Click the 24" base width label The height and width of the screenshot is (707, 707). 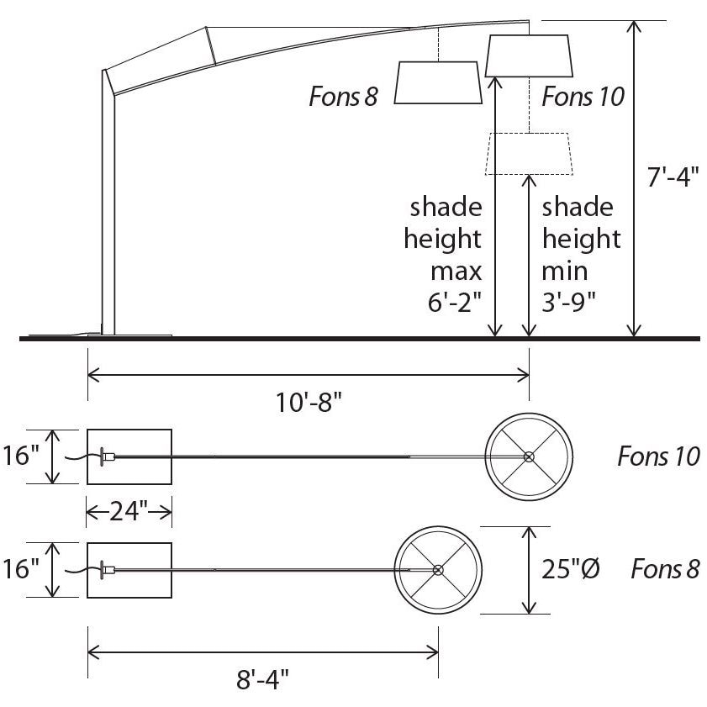point(129,509)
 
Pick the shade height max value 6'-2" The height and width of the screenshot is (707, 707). point(454,303)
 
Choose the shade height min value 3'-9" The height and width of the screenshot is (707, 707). point(570,303)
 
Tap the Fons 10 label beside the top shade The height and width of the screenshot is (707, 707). point(583,97)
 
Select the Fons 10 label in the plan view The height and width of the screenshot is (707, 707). point(658,456)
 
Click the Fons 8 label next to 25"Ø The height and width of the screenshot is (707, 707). point(665,569)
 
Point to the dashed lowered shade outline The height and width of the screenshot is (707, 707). point(528,154)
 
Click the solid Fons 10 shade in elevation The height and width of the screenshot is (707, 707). point(530,55)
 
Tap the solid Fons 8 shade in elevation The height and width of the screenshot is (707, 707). point(437,82)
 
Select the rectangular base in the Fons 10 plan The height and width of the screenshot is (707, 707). point(130,456)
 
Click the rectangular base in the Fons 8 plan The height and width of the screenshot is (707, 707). point(130,570)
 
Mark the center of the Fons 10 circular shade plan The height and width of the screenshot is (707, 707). point(529,456)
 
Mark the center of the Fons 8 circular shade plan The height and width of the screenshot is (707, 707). point(437,570)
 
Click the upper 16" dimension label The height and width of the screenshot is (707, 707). point(23,456)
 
